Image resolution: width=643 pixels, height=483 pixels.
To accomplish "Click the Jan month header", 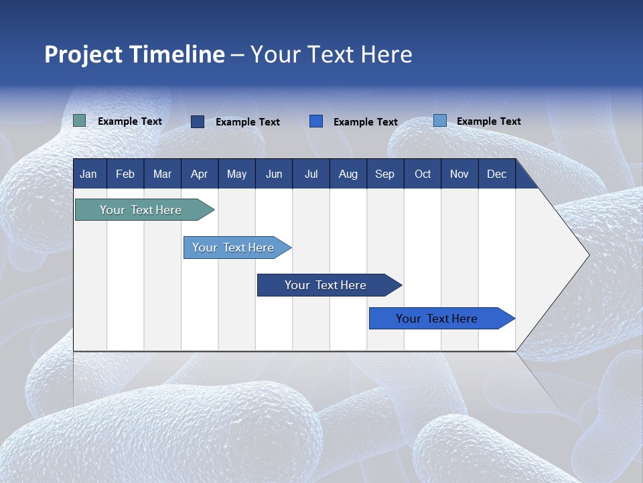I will [x=88, y=174].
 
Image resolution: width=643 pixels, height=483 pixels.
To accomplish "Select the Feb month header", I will [x=125, y=174].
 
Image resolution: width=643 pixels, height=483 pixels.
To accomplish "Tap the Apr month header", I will [x=199, y=174].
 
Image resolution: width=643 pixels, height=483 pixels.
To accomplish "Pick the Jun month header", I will [x=274, y=174].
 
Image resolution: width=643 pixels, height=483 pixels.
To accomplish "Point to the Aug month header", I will [x=348, y=174].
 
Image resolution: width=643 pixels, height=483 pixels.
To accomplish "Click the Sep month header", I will [x=384, y=174].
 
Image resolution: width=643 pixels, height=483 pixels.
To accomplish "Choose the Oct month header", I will [x=423, y=174].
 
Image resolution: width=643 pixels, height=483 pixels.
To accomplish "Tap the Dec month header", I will [x=496, y=174].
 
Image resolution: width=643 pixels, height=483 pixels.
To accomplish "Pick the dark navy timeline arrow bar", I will [x=326, y=285].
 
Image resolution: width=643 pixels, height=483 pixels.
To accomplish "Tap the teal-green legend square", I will [x=80, y=121].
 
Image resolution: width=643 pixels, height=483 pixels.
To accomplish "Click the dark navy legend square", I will [x=198, y=121].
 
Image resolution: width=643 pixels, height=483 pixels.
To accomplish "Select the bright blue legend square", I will [x=316, y=121].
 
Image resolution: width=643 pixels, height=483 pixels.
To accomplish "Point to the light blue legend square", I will [x=440, y=121].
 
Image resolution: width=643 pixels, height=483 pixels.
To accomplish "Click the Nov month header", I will [x=459, y=174].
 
